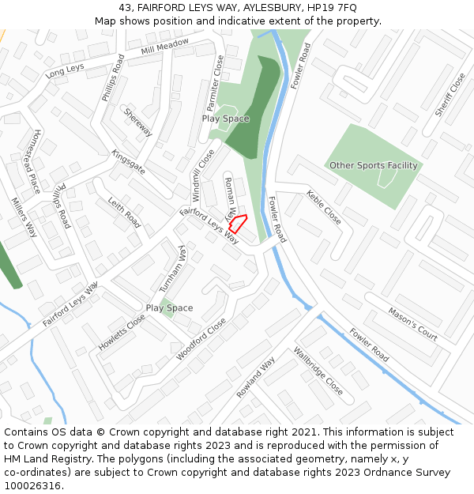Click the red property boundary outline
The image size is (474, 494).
click(238, 223)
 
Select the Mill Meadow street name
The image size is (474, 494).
click(164, 47)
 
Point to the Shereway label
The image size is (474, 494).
click(137, 122)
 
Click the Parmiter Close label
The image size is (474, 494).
click(215, 83)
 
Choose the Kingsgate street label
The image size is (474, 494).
click(128, 161)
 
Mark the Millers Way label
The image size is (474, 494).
click(24, 217)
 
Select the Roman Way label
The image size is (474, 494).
click(230, 198)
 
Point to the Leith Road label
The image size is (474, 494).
click(123, 212)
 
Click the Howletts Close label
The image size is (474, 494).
click(122, 333)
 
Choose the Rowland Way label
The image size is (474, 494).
click(255, 377)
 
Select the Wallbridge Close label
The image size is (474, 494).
click(318, 371)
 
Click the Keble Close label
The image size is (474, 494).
click(324, 206)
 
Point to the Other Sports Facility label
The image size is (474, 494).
click(373, 165)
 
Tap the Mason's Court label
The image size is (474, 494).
click(412, 324)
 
